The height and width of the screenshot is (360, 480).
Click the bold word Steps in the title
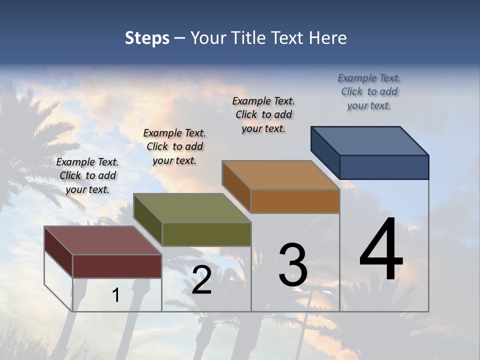tap(147, 38)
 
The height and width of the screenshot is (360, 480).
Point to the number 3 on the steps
tap(293, 264)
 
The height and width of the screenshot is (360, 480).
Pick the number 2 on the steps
tap(201, 280)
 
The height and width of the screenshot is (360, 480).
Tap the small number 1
tap(116, 295)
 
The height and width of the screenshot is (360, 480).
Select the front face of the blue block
tap(384, 167)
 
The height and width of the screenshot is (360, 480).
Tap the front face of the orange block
tap(295, 201)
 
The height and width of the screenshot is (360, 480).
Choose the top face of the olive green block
tap(192, 208)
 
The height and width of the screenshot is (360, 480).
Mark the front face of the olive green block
tap(206, 234)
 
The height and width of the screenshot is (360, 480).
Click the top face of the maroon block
tap(102, 240)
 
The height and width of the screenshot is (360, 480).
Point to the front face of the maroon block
tap(117, 266)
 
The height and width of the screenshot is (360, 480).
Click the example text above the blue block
tap(369, 92)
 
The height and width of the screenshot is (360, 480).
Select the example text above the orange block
tap(263, 115)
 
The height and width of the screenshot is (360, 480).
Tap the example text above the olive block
tap(174, 147)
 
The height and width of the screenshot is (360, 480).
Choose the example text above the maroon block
tap(87, 176)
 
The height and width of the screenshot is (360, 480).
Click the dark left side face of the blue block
tap(325, 152)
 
